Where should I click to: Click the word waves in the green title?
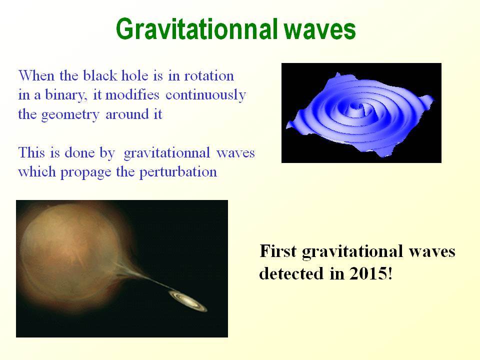320,29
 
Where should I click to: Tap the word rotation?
209,75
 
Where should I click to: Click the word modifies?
132,94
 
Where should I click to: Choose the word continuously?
205,95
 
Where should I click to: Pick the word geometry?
70,115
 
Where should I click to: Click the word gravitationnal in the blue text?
167,153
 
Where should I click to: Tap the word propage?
85,172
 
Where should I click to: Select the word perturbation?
178,172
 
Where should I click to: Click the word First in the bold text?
278,251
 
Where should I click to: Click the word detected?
291,273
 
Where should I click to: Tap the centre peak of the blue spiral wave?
355,106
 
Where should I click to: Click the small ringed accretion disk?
188,301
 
